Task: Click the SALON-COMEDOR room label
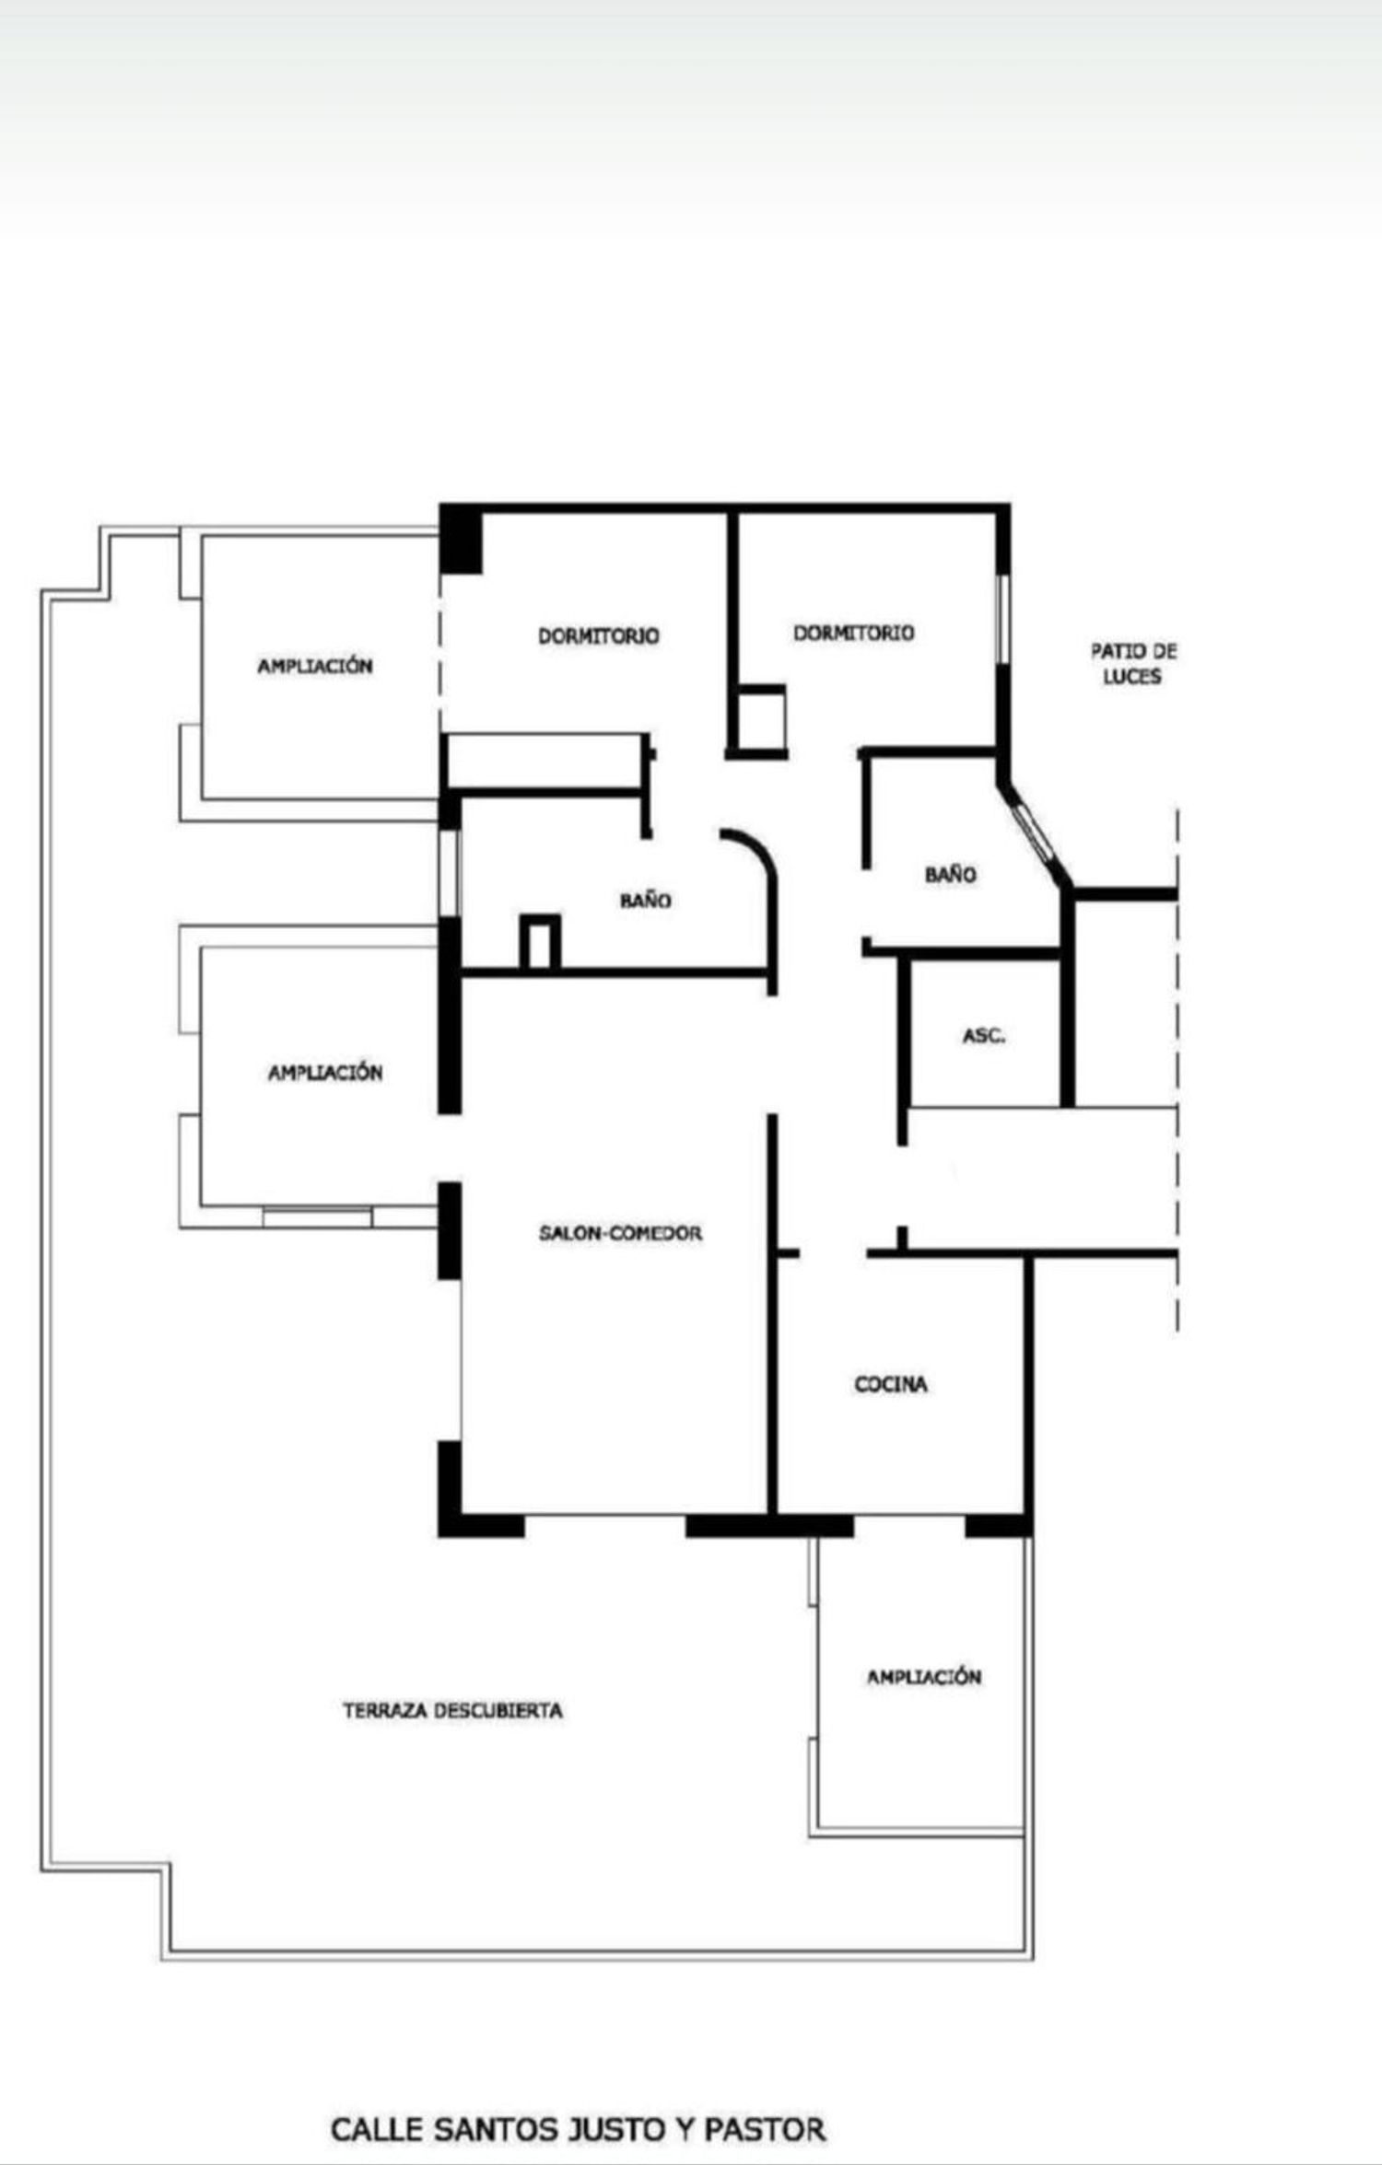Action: [620, 1233]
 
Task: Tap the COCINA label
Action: [891, 1384]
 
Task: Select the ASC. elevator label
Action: [984, 1036]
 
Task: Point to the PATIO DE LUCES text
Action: [1133, 663]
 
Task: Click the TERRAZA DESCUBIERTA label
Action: [452, 1710]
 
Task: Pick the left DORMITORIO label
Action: [599, 635]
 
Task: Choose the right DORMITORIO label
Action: [854, 633]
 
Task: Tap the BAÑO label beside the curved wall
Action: [645, 901]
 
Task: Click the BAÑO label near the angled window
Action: [951, 874]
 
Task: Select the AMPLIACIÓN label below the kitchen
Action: [924, 1677]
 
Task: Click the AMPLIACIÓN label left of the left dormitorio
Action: [315, 666]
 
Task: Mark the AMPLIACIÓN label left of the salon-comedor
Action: [325, 1072]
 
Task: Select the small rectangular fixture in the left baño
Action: [540, 942]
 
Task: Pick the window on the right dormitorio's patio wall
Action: [1003, 618]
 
